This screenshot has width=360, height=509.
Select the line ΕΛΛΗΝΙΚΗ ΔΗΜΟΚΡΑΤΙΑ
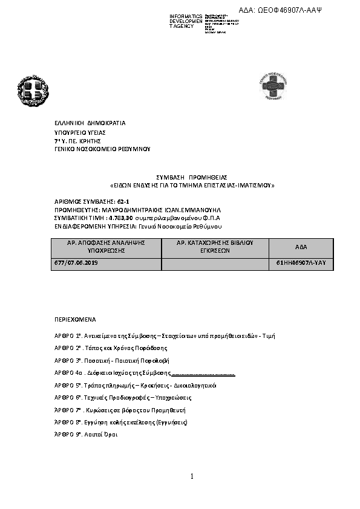click(x=90, y=123)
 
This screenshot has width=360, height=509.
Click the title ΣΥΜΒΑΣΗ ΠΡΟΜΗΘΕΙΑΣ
click(x=192, y=177)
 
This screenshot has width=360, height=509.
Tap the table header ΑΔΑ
click(x=301, y=248)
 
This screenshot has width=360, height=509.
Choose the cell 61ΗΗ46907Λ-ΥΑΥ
click(x=300, y=263)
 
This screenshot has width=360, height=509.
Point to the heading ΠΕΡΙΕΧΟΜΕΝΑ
click(x=75, y=318)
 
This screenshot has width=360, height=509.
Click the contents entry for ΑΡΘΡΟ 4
click(x=144, y=372)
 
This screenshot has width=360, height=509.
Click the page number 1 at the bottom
click(x=192, y=477)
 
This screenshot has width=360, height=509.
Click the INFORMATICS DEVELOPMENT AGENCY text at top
click(x=185, y=21)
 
